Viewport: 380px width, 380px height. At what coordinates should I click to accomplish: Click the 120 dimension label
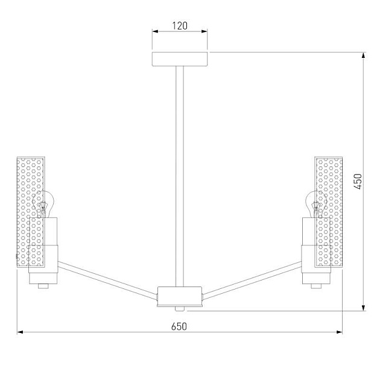click(180, 26)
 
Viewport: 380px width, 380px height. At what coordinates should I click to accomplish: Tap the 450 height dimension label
click(357, 182)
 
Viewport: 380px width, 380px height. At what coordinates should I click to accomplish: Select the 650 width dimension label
click(179, 326)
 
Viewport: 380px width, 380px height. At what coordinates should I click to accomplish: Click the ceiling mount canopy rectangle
click(180, 59)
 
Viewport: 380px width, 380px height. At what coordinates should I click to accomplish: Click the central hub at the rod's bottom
click(179, 296)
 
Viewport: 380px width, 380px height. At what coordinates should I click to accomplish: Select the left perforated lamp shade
click(30, 211)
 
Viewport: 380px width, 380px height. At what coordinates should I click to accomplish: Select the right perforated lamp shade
click(329, 211)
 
